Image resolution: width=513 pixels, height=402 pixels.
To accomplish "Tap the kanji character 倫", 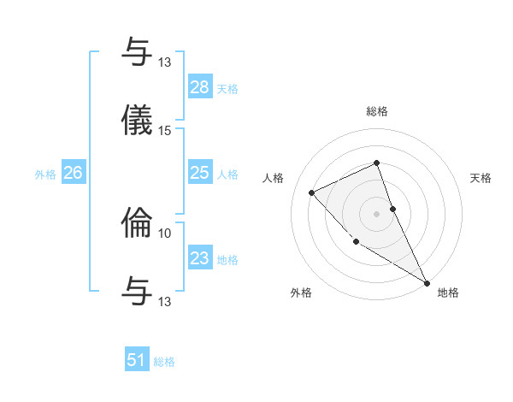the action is coord(138,222).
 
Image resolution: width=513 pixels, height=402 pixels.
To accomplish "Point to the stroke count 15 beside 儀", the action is coord(165,131).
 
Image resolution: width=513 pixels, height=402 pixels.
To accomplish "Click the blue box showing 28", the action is coord(199,87).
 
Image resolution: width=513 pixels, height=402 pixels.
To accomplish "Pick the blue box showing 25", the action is coord(199,174).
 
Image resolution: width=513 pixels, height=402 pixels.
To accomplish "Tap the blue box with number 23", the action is coord(199,258).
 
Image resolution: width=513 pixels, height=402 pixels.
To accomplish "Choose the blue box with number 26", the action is coord(73,174).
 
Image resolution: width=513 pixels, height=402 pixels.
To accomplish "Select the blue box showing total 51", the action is coord(137,360).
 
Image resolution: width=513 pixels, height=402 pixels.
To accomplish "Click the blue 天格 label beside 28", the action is coord(227,89).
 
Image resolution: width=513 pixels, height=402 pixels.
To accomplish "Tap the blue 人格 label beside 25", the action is coord(227,174).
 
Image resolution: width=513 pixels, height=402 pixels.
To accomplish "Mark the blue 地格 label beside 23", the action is coord(227,260).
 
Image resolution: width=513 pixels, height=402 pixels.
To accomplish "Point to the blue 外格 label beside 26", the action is coord(45,174).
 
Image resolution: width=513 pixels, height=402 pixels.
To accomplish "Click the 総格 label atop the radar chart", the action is coord(377,111).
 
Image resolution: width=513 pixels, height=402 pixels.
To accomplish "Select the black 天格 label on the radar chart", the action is coord(481,178).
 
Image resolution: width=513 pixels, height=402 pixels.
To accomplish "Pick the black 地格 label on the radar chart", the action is coord(448,293).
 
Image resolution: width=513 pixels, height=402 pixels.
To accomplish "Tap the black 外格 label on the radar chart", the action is coord(301,293).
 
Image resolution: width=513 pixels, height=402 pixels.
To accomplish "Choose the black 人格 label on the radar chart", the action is coord(273,178).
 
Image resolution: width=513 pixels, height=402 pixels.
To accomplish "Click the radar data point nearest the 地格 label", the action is coord(427,282).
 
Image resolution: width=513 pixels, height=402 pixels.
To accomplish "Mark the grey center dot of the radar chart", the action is coord(377,213).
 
